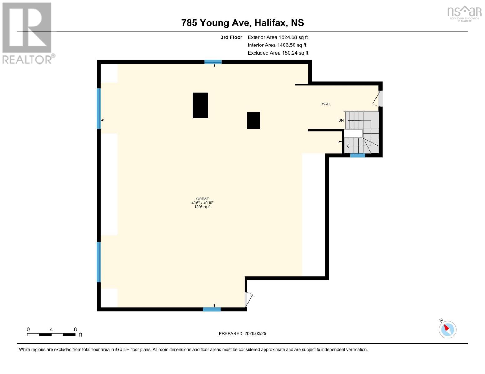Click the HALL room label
(326, 104)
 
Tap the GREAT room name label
(202, 199)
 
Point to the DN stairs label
(341, 120)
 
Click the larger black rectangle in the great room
(200, 105)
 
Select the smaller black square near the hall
(254, 121)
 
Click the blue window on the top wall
(213, 62)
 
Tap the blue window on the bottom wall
(212, 309)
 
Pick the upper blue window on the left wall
(99, 108)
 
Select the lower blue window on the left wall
(99, 262)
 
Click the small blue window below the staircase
(358, 155)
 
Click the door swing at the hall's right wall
(377, 98)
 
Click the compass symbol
(448, 329)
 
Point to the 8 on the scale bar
(75, 329)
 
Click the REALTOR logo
(27, 33)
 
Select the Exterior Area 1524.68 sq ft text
(278, 37)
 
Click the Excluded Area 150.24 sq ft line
(278, 53)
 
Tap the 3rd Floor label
(231, 37)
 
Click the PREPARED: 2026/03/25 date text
(242, 333)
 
